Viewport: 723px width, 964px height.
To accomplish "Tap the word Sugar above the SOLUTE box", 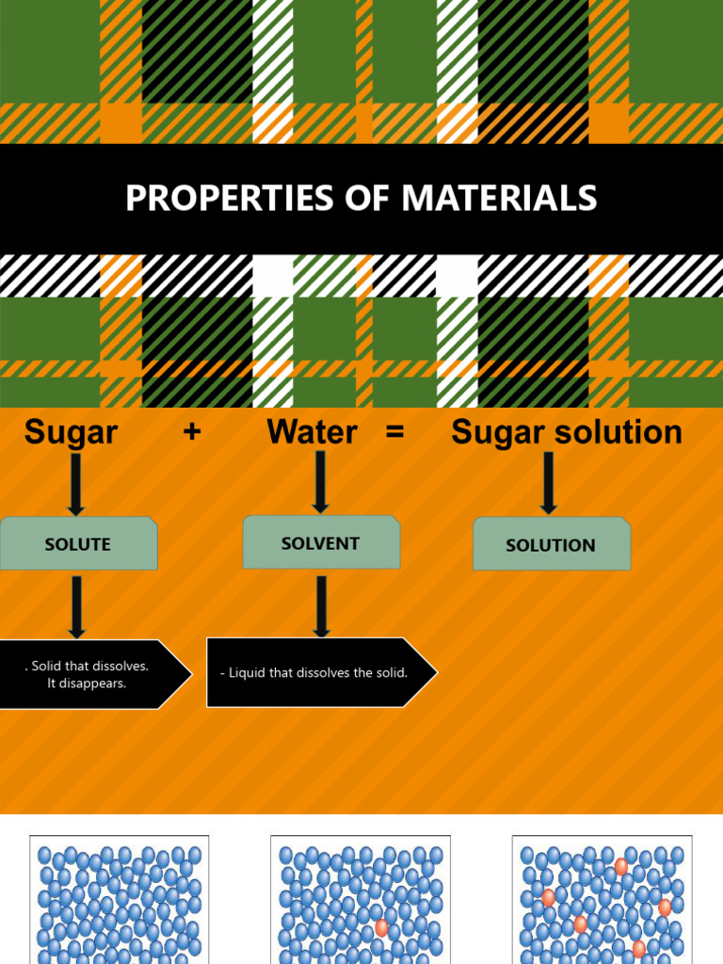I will pyautogui.click(x=71, y=432).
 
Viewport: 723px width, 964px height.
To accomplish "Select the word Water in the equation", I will pyautogui.click(x=312, y=432).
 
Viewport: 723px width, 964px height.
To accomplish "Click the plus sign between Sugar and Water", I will pyautogui.click(x=193, y=433).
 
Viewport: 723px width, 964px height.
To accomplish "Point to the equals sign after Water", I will pyautogui.click(x=394, y=433).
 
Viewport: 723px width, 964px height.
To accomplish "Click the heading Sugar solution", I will pyautogui.click(x=567, y=432).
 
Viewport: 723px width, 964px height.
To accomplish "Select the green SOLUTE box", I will pyautogui.click(x=78, y=543).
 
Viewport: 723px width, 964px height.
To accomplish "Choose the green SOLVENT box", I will pyautogui.click(x=321, y=542).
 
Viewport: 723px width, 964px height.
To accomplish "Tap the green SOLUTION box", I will pyautogui.click(x=551, y=544).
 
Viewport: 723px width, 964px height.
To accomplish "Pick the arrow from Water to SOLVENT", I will pyautogui.click(x=320, y=481).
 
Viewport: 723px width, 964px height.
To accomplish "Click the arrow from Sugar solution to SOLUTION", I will pyautogui.click(x=548, y=483).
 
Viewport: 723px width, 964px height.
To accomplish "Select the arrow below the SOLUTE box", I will pyautogui.click(x=76, y=607).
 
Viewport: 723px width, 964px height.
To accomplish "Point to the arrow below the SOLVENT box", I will pyautogui.click(x=322, y=607).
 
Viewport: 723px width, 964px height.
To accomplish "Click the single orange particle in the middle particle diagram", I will pyautogui.click(x=381, y=927).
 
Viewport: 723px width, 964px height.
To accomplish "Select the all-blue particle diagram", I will pyautogui.click(x=120, y=899).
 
